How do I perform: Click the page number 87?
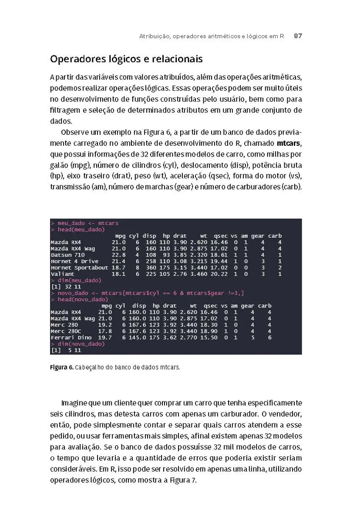pos(298,37)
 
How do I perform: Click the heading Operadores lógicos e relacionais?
pos(126,59)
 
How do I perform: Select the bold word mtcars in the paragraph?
pos(289,143)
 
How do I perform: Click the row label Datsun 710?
pos(67,254)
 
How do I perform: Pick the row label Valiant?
pos(62,274)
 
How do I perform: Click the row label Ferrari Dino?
pos(71,337)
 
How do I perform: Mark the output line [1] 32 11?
pos(66,287)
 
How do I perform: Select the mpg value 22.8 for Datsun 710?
pos(118,254)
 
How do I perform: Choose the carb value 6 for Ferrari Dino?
pos(269,337)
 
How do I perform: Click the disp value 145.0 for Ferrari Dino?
pos(137,337)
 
